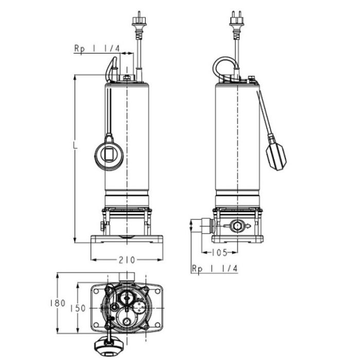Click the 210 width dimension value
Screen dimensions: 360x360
[x=127, y=260]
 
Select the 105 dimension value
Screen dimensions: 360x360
[x=219, y=253]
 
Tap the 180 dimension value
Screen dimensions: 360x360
[x=58, y=303]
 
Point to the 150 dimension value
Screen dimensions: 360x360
[x=78, y=308]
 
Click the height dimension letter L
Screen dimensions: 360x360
[x=75, y=145]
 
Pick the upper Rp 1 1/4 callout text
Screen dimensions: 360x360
[x=97, y=49]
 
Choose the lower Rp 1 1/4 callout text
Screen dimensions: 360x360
[x=214, y=268]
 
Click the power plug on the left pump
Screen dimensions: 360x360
[x=139, y=22]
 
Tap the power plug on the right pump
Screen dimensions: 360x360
[x=237, y=22]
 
